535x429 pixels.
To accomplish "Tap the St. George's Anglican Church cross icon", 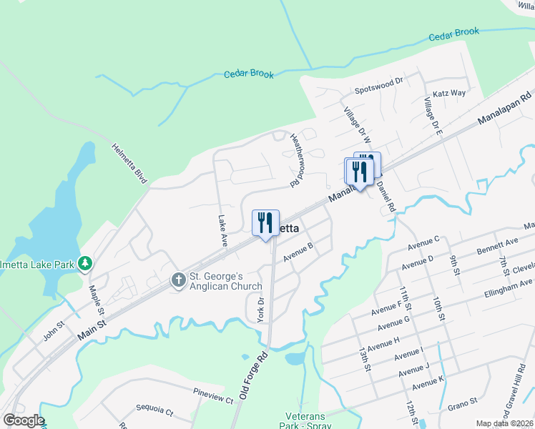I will pyautogui.click(x=178, y=281).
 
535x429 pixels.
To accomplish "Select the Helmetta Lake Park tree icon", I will pyautogui.click(x=85, y=264).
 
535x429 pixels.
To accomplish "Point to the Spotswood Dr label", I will pyautogui.click(x=380, y=91).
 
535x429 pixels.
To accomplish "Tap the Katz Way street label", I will pyautogui.click(x=449, y=94).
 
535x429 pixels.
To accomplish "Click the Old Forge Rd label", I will pyautogui.click(x=253, y=375).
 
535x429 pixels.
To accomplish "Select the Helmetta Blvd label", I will pyautogui.click(x=128, y=162).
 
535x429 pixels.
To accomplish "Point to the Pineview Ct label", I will pyautogui.click(x=213, y=396).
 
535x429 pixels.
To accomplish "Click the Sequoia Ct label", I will pyautogui.click(x=154, y=413).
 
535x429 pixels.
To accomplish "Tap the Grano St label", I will pyautogui.click(x=463, y=403).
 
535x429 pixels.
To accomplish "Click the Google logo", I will pyautogui.click(x=23, y=420).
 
